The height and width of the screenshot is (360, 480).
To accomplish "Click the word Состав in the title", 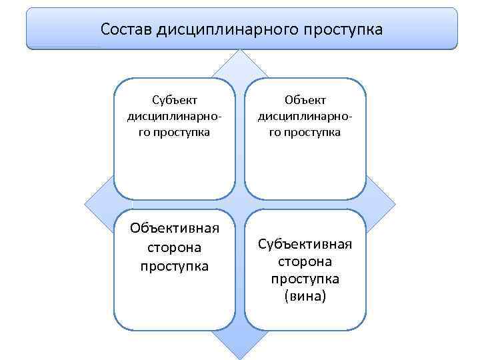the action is tap(126, 30).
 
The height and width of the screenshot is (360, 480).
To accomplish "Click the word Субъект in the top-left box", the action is tap(175, 101).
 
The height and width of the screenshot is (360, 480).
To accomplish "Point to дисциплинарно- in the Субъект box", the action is tap(175, 116).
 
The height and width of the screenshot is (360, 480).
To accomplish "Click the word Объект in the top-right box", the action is tap(305, 100).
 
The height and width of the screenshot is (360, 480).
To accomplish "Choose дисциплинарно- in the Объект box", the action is tap(305, 116).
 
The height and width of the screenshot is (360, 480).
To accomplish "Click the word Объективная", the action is tap(175, 229).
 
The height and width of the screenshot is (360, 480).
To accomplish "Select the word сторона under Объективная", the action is tap(175, 247).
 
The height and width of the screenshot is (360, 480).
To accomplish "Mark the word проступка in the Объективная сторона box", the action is tap(175, 266).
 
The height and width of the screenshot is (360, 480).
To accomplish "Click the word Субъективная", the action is tap(305, 243).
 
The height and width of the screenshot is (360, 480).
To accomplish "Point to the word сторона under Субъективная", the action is tap(305, 261).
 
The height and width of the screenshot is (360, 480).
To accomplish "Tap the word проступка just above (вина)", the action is tap(305, 278).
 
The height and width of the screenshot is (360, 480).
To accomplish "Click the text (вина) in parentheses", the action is tap(305, 295).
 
